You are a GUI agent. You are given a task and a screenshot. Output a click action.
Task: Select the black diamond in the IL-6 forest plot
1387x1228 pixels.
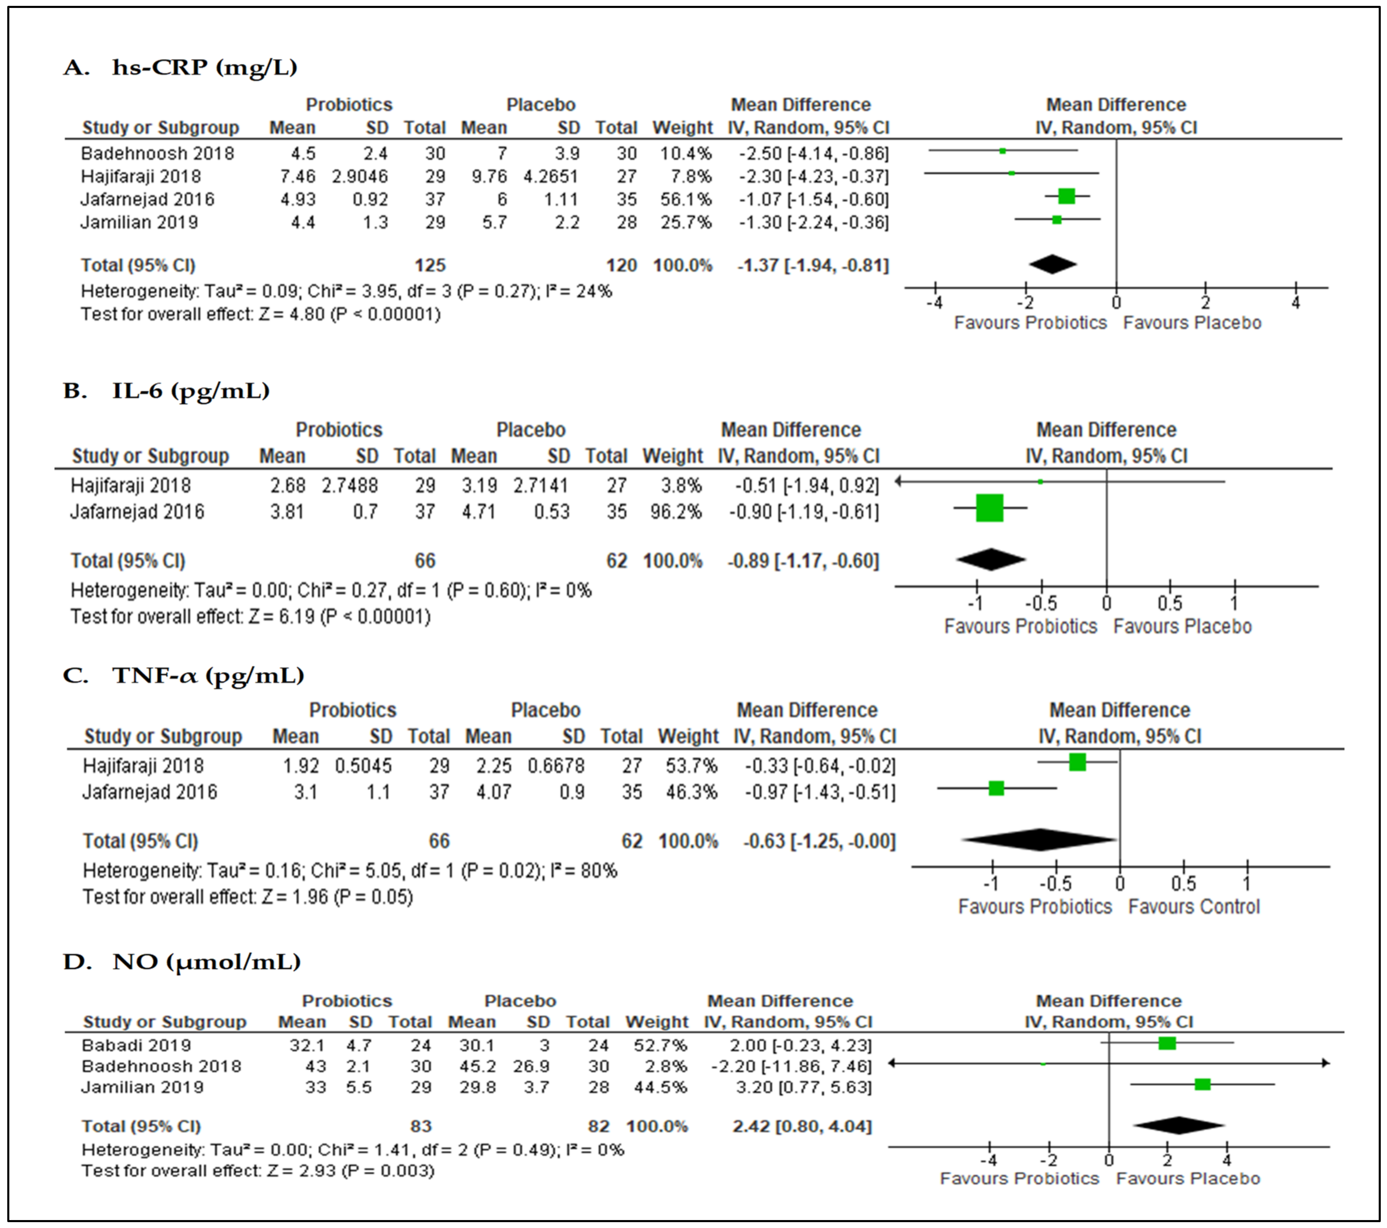pyautogui.click(x=991, y=559)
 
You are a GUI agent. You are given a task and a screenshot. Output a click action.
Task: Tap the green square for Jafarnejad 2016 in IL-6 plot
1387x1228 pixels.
pyautogui.click(x=989, y=508)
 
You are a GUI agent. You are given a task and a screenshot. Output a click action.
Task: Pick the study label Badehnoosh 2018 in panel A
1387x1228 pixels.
pyautogui.click(x=158, y=153)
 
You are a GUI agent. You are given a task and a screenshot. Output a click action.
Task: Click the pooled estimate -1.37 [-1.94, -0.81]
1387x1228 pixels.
pyautogui.click(x=813, y=265)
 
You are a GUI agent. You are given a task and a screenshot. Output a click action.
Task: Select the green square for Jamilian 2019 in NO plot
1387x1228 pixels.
pyautogui.click(x=1202, y=1084)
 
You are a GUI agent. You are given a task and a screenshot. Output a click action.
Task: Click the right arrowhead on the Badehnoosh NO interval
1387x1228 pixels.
pyautogui.click(x=1325, y=1063)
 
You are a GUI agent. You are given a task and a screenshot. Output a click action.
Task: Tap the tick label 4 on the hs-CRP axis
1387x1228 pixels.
pyautogui.click(x=1295, y=303)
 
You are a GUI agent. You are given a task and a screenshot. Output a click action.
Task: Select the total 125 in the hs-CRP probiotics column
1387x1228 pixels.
pyautogui.click(x=430, y=265)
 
